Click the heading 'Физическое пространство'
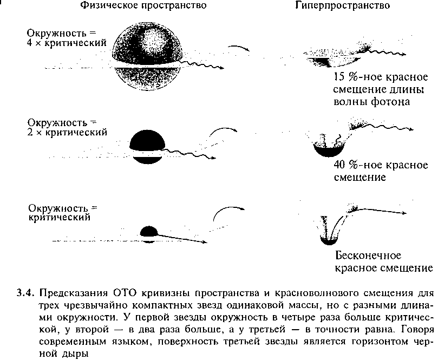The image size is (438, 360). click(143, 5)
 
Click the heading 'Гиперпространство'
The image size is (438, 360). click(343, 5)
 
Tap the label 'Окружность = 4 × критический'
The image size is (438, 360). click(67, 38)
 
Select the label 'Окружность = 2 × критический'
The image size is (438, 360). click(67, 127)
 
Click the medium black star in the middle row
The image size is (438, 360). click(147, 146)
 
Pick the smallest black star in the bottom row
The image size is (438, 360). click(149, 234)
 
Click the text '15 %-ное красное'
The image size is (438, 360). click(381, 77)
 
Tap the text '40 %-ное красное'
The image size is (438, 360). click(381, 165)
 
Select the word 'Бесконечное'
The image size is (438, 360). click(368, 256)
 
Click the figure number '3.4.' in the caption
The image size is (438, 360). click(25, 293)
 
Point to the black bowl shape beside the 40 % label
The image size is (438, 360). click(329, 149)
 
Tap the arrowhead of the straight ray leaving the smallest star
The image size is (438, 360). click(205, 242)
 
